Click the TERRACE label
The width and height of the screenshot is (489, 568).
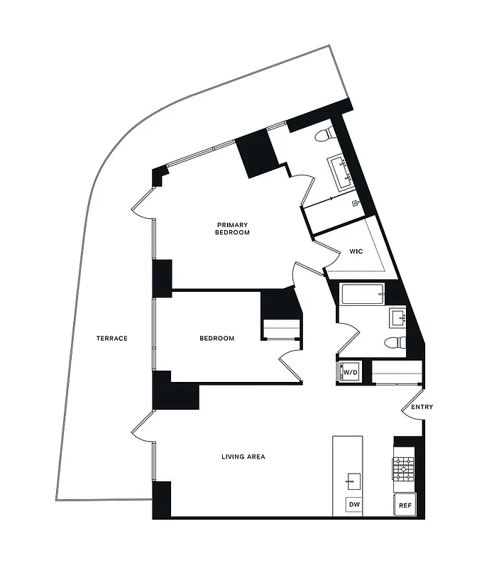(x=112, y=339)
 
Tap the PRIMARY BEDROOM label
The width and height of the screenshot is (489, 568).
(x=233, y=229)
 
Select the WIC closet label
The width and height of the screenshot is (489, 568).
(x=356, y=251)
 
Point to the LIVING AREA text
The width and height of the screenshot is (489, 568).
(x=243, y=457)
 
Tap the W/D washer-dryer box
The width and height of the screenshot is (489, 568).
(x=349, y=372)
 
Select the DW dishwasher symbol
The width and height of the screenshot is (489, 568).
(x=354, y=505)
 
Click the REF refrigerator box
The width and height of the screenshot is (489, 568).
(x=405, y=505)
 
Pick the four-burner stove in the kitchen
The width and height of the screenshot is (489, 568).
(x=405, y=467)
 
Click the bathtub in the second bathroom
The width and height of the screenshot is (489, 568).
(x=362, y=293)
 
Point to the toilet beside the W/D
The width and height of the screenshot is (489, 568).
(x=393, y=343)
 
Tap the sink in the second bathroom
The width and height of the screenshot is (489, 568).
(x=397, y=316)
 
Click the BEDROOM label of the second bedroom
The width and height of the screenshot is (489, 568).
(x=216, y=339)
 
